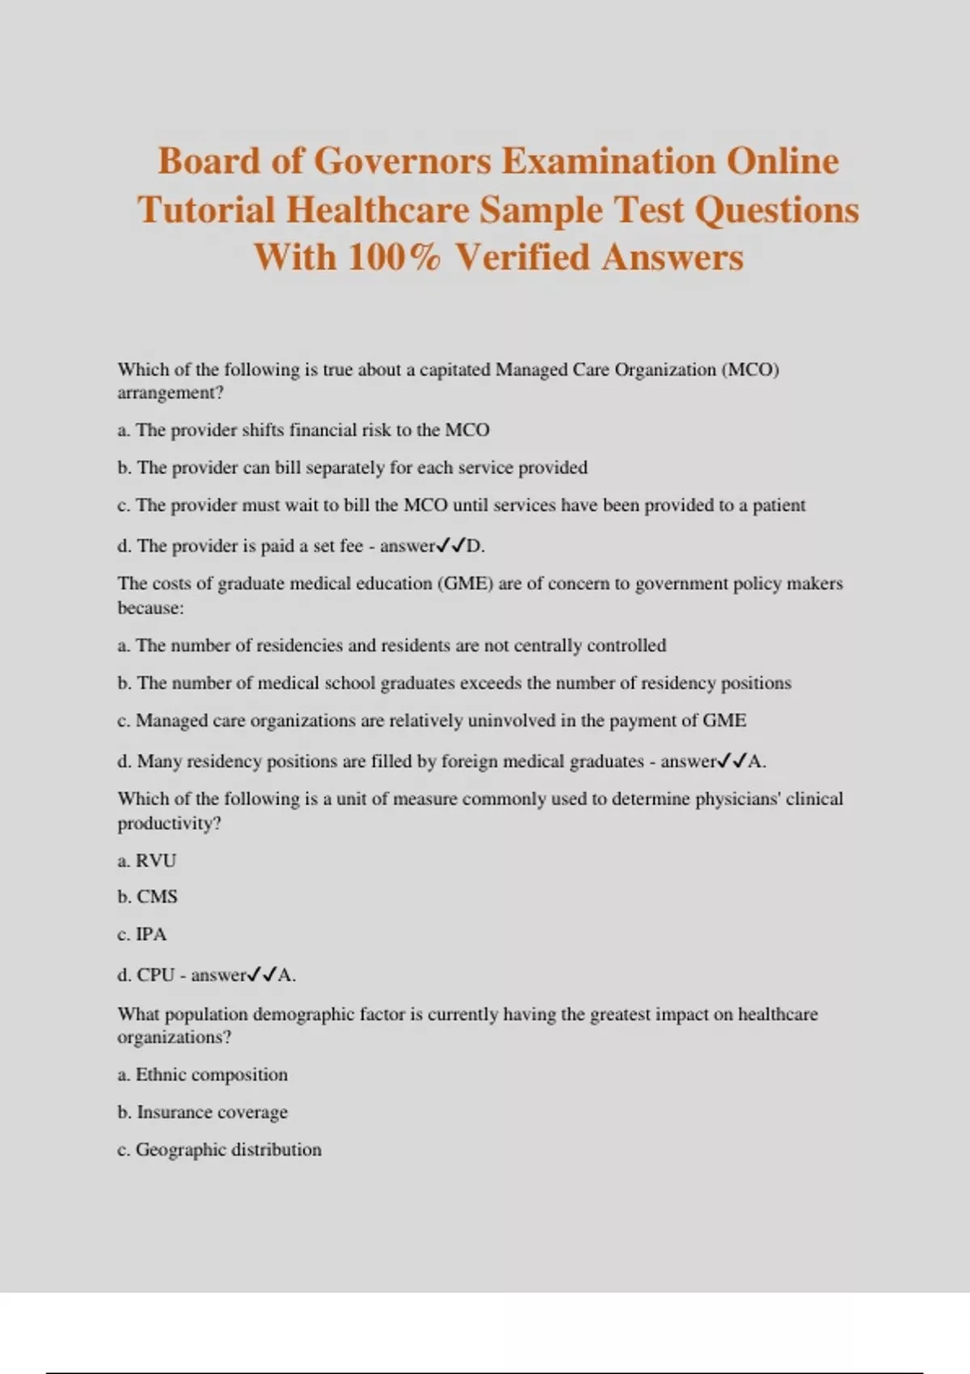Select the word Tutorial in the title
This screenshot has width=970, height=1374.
(x=207, y=210)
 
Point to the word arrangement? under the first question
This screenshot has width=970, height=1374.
(x=170, y=393)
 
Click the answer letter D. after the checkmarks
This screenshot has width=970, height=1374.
(x=475, y=546)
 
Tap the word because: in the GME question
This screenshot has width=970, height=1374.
(x=150, y=608)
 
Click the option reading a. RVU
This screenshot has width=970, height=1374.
(x=146, y=861)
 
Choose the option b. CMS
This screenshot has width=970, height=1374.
(x=147, y=897)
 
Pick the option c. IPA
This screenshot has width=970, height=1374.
(x=142, y=934)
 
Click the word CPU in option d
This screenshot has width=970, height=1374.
(x=155, y=976)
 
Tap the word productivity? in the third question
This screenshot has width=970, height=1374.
(x=169, y=824)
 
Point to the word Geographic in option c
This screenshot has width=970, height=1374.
(x=180, y=1149)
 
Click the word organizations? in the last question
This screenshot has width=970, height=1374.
(x=174, y=1037)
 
